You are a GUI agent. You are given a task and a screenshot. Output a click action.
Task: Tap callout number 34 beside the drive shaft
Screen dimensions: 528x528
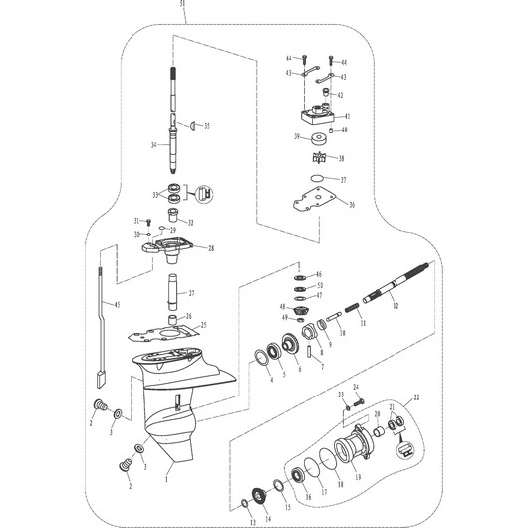click(153, 146)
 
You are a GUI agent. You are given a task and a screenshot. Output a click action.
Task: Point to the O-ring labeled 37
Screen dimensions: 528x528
click(316, 180)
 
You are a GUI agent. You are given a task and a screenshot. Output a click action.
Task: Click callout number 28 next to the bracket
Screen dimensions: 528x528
click(211, 249)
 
